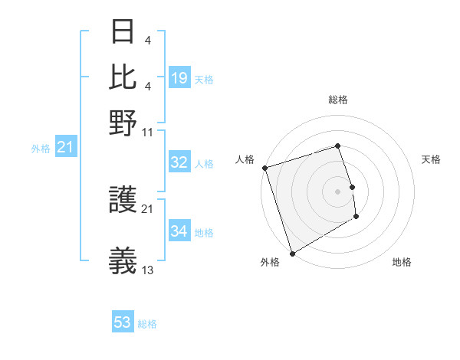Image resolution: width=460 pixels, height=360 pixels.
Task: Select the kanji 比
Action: pyautogui.click(x=123, y=77)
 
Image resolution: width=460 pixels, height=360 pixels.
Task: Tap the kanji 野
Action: pyautogui.click(x=123, y=123)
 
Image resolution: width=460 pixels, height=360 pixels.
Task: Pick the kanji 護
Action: pyautogui.click(x=123, y=200)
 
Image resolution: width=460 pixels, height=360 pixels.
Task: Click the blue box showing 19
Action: pyautogui.click(x=179, y=78)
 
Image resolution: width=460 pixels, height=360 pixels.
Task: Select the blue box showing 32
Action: pyautogui.click(x=179, y=162)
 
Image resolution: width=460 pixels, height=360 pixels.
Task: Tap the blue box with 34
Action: pyautogui.click(x=179, y=231)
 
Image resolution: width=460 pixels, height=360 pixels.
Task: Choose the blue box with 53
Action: pyautogui.click(x=123, y=322)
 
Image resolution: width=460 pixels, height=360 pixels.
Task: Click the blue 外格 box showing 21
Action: pyautogui.click(x=65, y=147)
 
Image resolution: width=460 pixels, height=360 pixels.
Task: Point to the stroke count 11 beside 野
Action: pyautogui.click(x=148, y=132)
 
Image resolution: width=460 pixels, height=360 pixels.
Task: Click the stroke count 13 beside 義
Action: pyautogui.click(x=148, y=270)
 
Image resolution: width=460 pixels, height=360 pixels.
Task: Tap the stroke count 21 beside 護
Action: pyautogui.click(x=148, y=208)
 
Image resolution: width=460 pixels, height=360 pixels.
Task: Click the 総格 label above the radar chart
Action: pyautogui.click(x=337, y=100)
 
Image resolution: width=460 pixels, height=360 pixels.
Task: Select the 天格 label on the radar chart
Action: pyautogui.click(x=431, y=159)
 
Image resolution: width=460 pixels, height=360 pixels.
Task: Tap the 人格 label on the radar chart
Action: pyautogui.click(x=245, y=159)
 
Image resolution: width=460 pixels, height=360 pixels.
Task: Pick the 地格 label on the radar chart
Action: pyautogui.click(x=402, y=262)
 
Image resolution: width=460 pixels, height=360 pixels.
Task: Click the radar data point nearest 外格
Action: pyautogui.click(x=291, y=254)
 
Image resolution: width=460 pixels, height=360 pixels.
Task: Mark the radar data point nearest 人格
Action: pyautogui.click(x=264, y=168)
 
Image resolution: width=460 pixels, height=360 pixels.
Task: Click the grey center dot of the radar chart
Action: pyautogui.click(x=337, y=191)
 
